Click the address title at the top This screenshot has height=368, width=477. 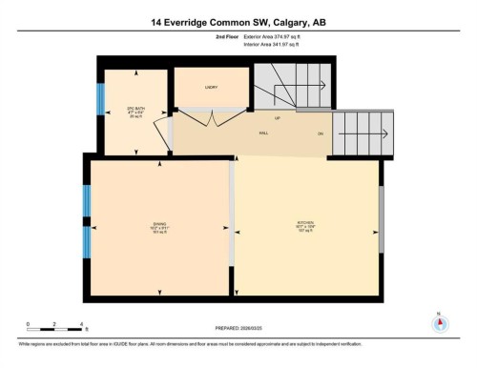tap(238, 20)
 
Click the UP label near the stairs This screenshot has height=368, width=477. tap(278, 120)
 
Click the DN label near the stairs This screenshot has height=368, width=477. tap(321, 134)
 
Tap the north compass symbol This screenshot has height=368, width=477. tap(440, 322)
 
